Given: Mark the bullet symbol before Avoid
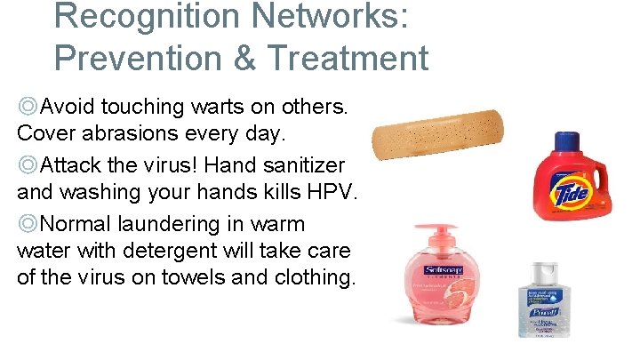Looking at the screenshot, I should pos(28,108).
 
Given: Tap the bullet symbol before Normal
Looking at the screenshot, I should pos(28,224).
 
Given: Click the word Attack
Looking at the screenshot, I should pos(70,165).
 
